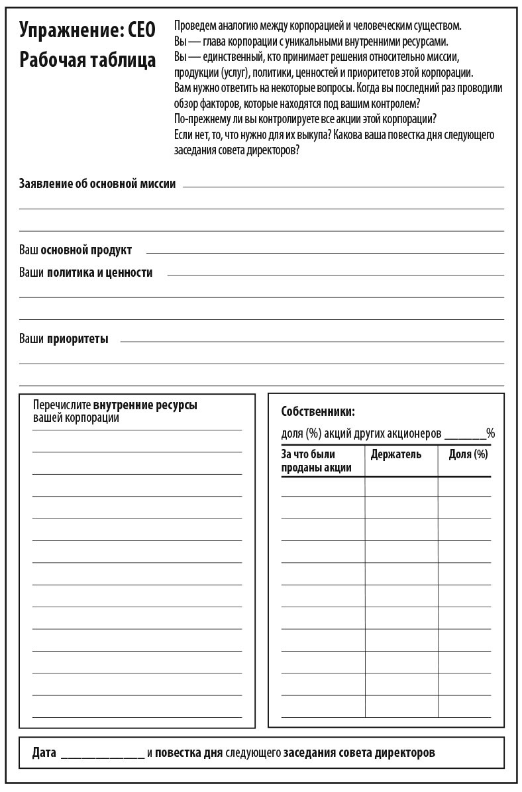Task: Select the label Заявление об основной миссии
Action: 97,184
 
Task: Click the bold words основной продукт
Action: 86,250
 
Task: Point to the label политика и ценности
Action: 99,272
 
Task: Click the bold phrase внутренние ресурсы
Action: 145,405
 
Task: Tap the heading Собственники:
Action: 318,411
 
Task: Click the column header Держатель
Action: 396,454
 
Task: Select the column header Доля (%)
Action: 468,454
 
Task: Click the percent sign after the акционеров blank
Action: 491,434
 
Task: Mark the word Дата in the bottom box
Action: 44,754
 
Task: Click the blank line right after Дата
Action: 102,756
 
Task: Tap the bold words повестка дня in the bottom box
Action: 189,754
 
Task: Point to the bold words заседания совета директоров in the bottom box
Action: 360,754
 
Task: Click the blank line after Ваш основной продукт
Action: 325,252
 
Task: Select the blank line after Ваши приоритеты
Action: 311,342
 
